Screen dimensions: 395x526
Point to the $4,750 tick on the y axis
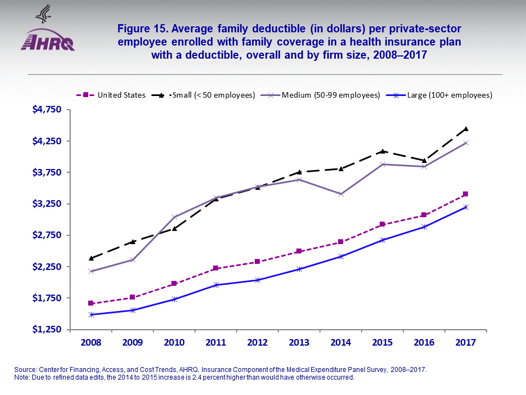click(x=49, y=110)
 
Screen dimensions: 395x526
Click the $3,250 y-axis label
click(x=49, y=204)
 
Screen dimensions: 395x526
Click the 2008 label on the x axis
click(x=91, y=342)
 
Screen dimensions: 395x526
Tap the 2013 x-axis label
click(x=299, y=342)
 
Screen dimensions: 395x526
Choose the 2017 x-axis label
click(x=465, y=342)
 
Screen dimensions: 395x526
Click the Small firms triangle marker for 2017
click(x=465, y=129)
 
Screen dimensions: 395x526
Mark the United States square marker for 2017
click(x=465, y=194)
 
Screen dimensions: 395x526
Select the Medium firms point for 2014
click(x=341, y=194)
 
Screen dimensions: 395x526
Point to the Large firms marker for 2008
click(x=91, y=315)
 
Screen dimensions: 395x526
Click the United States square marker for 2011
click(x=216, y=268)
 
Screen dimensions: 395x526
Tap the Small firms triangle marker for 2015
click(x=382, y=151)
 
